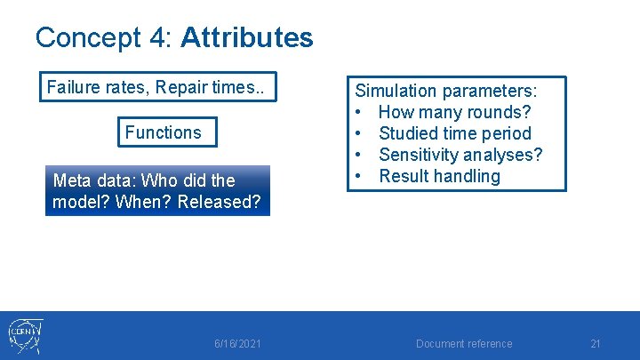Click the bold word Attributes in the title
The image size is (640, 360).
click(246, 37)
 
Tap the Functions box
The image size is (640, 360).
click(163, 132)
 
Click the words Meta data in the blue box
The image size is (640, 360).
click(89, 180)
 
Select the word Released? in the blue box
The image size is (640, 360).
click(219, 202)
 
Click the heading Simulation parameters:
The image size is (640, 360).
click(446, 91)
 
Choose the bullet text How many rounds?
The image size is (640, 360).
click(454, 112)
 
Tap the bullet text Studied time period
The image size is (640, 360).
click(454, 133)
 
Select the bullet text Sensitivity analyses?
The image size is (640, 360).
click(460, 155)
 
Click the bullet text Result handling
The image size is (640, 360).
click(439, 176)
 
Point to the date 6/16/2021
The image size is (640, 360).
click(238, 344)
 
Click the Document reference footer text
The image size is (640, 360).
click(464, 344)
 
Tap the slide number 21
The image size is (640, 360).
click(596, 344)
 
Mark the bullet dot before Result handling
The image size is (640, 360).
click(360, 176)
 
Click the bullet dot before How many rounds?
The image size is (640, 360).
click(360, 112)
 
